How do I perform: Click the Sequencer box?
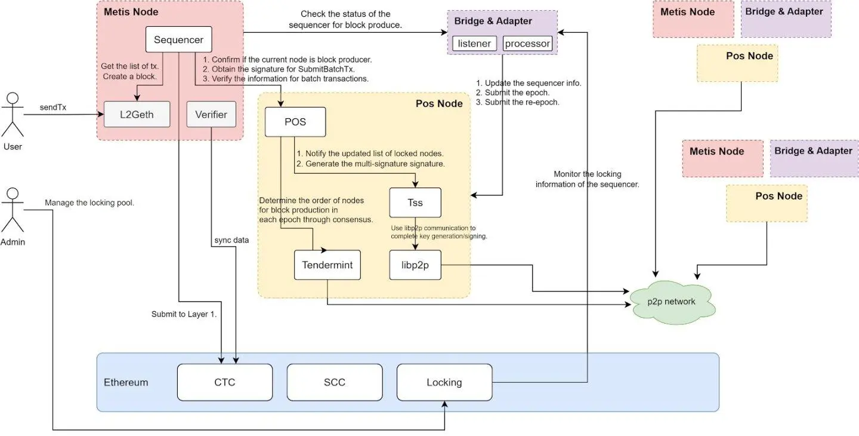point(178,40)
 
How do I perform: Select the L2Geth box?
point(137,114)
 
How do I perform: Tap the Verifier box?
point(211,114)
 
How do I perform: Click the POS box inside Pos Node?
point(295,122)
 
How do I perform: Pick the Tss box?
point(415,202)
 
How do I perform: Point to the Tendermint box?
point(327,265)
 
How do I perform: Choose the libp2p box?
point(415,265)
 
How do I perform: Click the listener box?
point(474,44)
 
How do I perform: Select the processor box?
point(527,44)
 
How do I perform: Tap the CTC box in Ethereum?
point(224,382)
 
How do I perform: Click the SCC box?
point(334,382)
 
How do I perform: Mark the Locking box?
point(444,382)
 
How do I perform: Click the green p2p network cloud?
point(672,302)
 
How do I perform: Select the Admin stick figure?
point(13,211)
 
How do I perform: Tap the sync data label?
point(232,240)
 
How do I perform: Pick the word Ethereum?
point(126,382)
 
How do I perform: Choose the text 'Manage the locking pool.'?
point(89,203)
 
